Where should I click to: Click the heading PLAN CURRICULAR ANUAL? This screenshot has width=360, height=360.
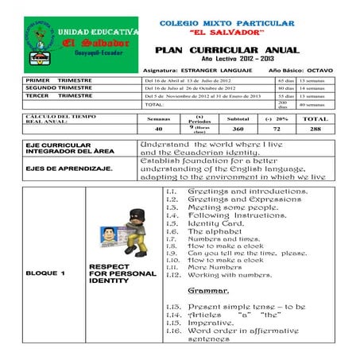tap(226, 50)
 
